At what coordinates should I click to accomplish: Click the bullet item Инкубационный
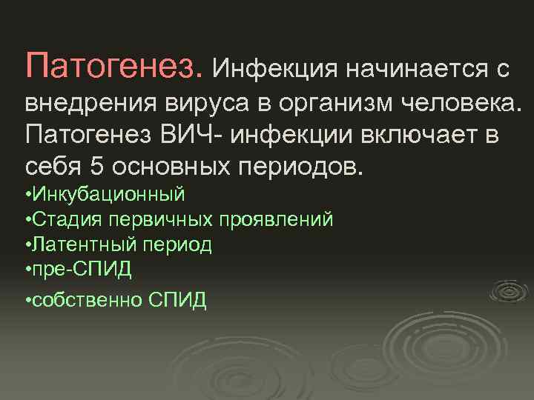108,196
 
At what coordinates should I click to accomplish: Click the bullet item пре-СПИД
81,269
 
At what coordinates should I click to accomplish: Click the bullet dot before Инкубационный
27,196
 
